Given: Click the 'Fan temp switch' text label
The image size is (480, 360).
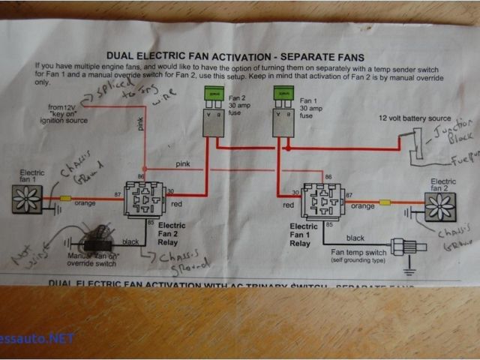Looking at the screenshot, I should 358,252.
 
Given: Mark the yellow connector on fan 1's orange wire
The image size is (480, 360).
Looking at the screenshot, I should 66,199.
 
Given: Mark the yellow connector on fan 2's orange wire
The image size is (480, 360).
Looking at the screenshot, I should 386,202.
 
